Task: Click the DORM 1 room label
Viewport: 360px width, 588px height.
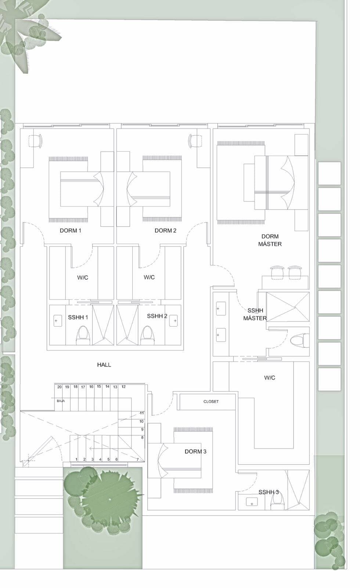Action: pos(70,230)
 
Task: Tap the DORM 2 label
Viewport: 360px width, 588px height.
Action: pos(165,230)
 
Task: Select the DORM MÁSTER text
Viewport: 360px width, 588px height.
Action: pos(270,240)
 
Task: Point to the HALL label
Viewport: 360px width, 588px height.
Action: pos(104,365)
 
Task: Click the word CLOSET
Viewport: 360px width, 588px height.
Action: pos(211,401)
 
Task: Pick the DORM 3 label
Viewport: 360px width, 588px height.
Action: pos(195,452)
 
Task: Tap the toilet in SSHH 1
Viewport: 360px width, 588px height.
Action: pos(83,336)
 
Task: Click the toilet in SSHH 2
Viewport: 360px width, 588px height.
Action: pos(147,336)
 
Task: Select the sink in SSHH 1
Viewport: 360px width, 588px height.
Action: pos(58,320)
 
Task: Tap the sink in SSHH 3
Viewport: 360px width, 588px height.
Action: pos(252,502)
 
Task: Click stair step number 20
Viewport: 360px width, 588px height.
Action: pos(60,387)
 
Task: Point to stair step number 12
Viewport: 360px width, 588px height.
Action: pos(123,387)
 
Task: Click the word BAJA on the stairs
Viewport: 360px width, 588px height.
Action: pos(61,401)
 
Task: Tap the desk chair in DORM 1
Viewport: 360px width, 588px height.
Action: pos(35,141)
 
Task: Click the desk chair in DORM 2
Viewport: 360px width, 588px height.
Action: pos(195,141)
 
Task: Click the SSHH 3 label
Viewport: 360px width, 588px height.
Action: pos(269,492)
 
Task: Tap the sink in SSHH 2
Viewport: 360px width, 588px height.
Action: pos(173,320)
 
